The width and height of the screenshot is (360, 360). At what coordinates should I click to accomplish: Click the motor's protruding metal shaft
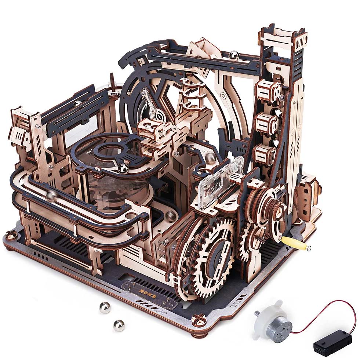coord(257,313)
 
